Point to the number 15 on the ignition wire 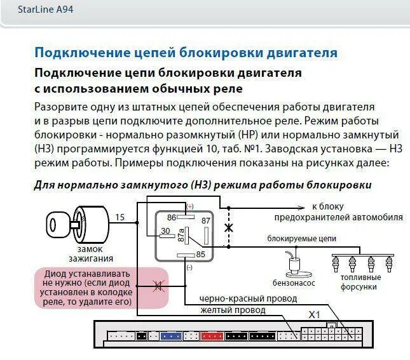click(120, 217)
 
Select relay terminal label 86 click(172, 217)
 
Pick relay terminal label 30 click(165, 231)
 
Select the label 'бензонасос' click(294, 283)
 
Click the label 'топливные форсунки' click(360, 282)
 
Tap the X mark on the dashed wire click(229, 227)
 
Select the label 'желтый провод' click(233, 310)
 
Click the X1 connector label click(315, 314)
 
